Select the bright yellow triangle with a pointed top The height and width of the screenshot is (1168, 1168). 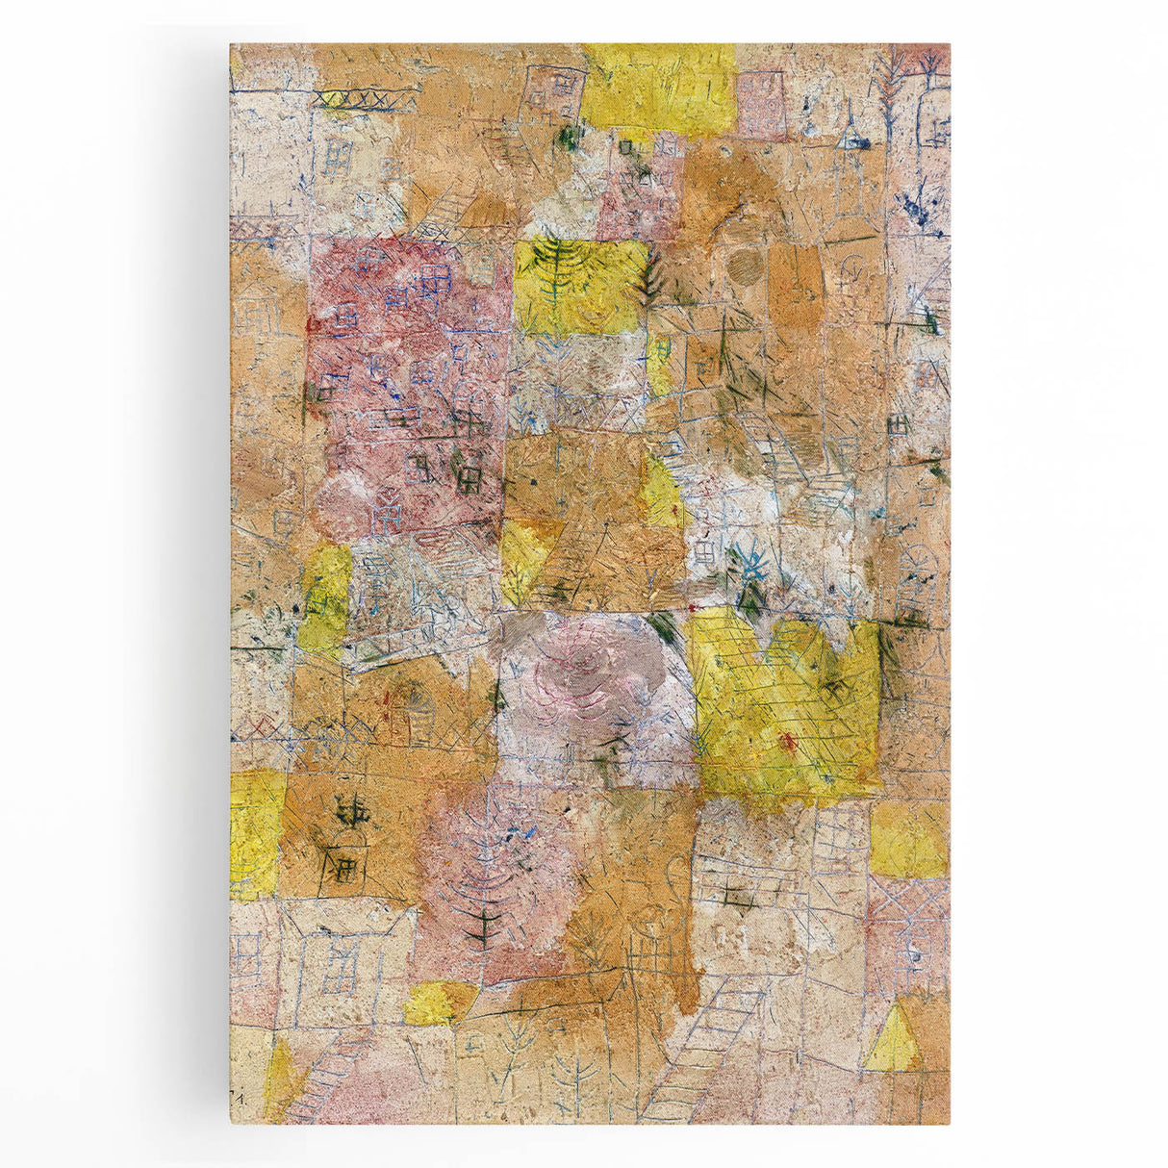(892, 1036)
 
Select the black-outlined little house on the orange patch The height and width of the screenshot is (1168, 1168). (345, 862)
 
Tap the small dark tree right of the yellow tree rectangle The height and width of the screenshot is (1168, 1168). (652, 277)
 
